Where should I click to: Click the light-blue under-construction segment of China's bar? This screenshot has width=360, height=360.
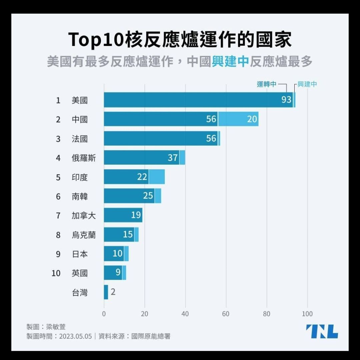click(238, 119)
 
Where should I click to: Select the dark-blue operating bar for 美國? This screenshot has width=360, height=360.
click(199, 100)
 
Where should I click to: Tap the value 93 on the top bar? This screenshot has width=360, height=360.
click(286, 100)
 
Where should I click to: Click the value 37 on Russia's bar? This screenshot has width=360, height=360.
click(173, 158)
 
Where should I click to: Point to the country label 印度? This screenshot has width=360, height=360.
click(80, 177)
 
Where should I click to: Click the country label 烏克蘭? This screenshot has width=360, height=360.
click(84, 235)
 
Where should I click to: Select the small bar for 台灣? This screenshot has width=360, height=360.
click(106, 292)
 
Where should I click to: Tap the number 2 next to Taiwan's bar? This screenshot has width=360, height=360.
click(113, 292)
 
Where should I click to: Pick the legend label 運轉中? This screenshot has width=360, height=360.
click(266, 84)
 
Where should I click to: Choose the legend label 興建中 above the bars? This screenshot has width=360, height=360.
click(307, 84)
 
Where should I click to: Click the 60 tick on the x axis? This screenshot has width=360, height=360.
click(226, 314)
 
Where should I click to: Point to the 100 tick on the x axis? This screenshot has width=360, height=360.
click(307, 314)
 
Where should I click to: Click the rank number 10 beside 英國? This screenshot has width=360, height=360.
click(56, 273)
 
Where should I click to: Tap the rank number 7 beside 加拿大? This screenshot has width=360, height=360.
click(58, 216)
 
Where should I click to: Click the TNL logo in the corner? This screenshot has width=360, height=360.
click(322, 331)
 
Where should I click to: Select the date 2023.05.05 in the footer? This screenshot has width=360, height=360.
click(75, 336)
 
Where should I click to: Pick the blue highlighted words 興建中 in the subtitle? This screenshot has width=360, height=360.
click(230, 61)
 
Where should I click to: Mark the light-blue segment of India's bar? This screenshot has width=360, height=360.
click(157, 177)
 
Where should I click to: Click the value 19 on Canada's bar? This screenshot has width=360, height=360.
click(136, 215)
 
